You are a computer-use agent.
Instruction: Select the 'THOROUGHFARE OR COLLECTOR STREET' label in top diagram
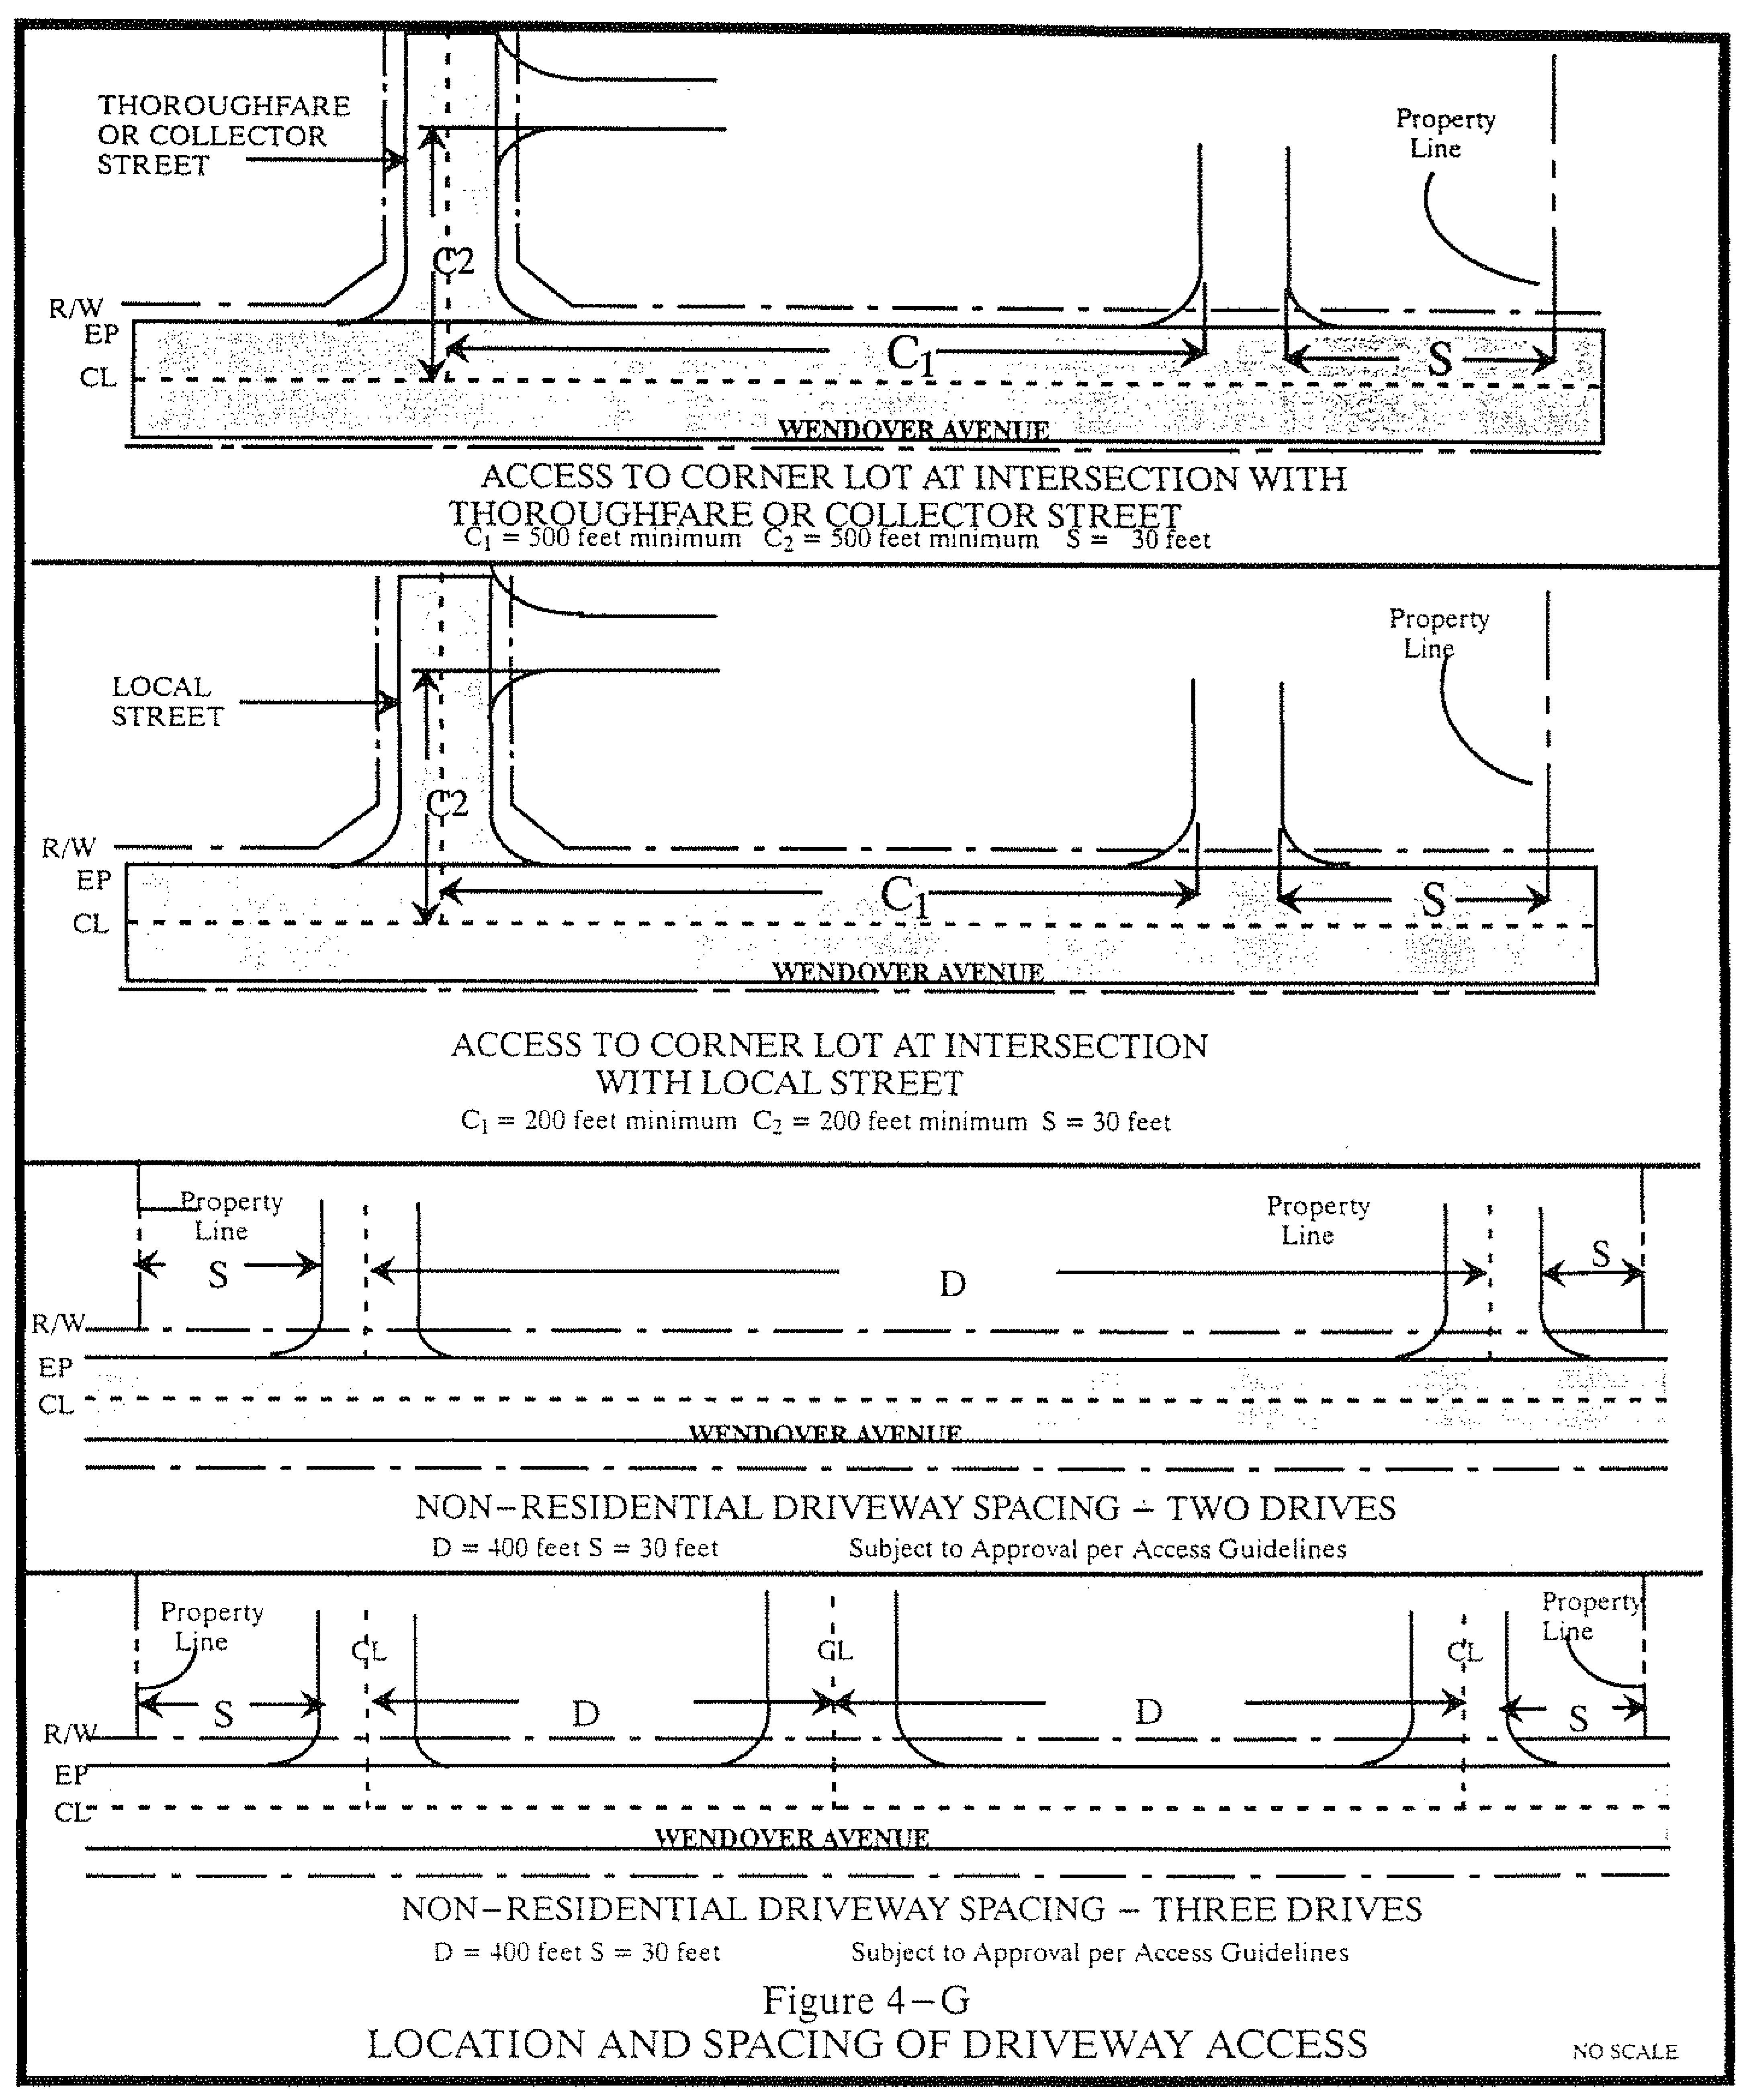point(223,135)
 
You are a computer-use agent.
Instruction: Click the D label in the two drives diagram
point(952,1284)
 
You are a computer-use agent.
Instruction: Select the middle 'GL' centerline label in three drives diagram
point(834,1650)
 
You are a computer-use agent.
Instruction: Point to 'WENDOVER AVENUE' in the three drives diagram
point(791,1837)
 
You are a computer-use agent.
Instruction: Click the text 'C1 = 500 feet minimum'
point(602,540)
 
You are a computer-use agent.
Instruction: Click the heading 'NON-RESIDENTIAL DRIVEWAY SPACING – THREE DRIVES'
point(911,1909)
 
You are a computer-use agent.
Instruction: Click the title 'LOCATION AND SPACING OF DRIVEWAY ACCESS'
point(866,2044)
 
